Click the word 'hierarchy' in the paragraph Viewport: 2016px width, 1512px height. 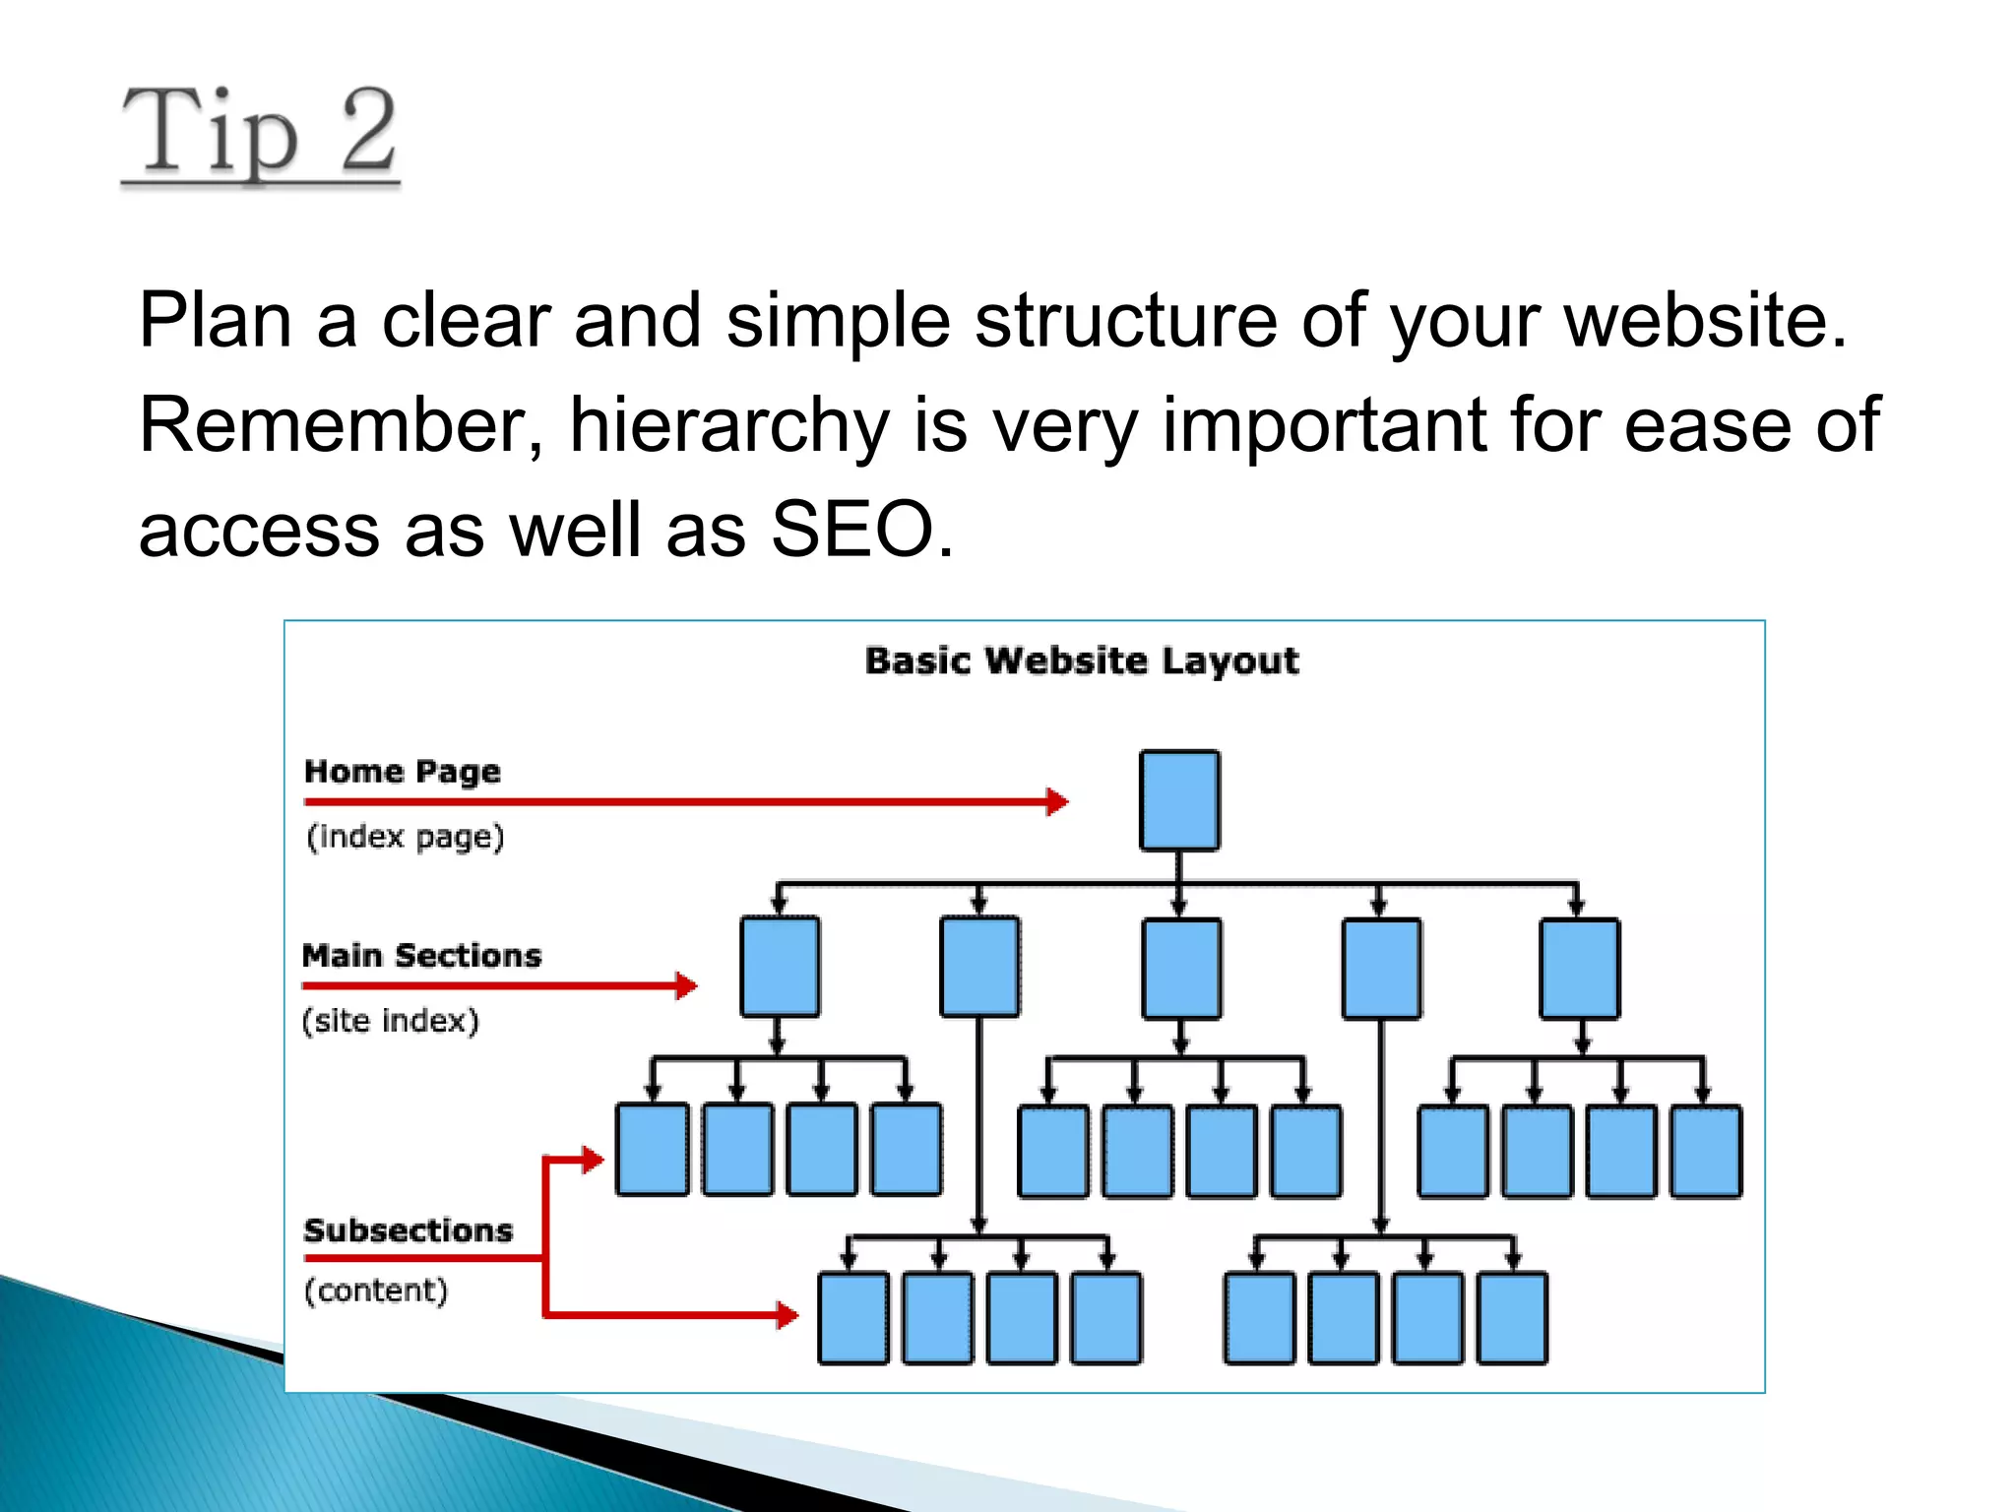729,425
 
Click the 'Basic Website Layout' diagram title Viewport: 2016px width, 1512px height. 1082,661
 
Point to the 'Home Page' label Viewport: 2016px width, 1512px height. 402,771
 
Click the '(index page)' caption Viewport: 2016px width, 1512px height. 405,837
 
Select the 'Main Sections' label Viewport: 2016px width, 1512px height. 421,955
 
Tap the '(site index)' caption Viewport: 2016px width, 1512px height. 391,1021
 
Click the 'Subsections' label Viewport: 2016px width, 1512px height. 408,1230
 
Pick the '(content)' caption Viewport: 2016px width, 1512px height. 376,1291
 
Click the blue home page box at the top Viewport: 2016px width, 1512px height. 1179,800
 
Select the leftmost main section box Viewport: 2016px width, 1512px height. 780,967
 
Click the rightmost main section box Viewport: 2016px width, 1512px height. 1579,969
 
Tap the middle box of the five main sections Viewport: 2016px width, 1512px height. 1181,969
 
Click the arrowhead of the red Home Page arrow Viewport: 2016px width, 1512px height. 1057,801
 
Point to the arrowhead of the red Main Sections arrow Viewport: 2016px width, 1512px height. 687,985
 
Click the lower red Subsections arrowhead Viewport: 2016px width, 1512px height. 787,1314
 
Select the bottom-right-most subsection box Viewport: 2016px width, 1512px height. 1512,1318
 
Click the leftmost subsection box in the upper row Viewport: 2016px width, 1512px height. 652,1150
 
